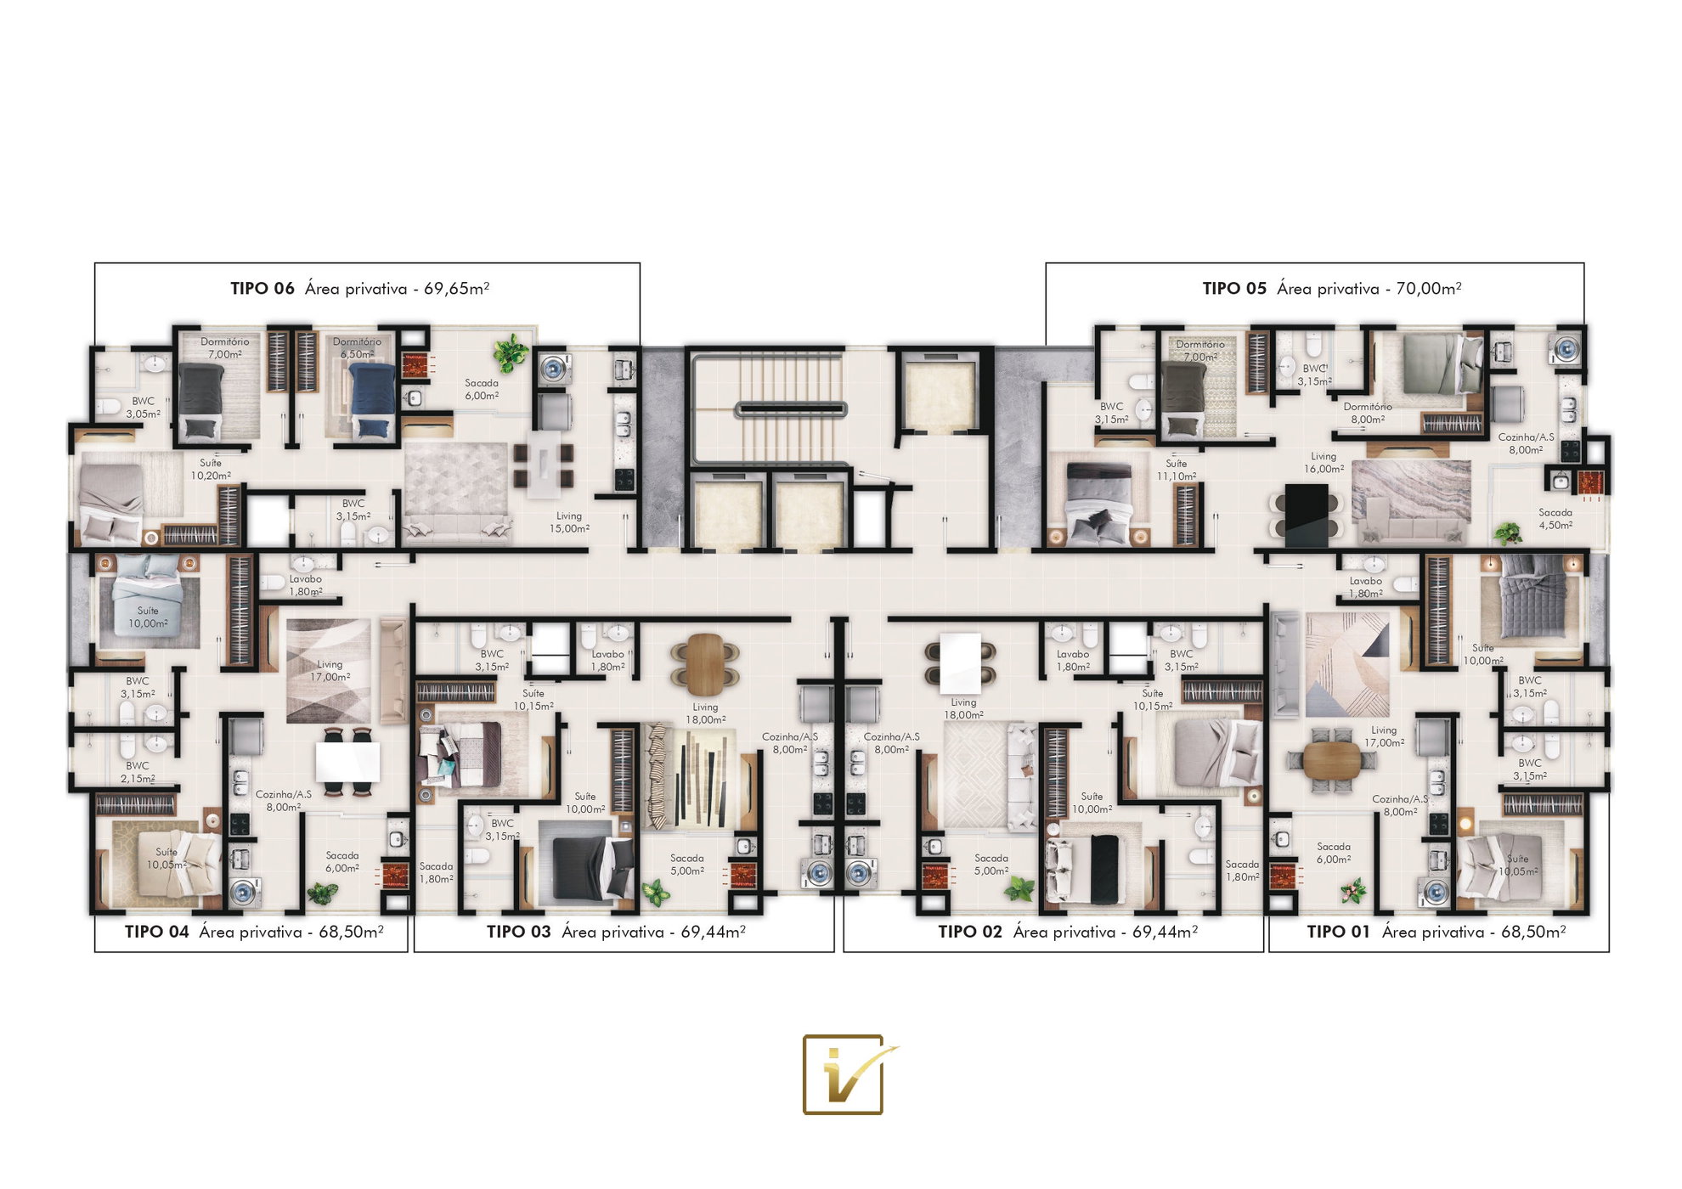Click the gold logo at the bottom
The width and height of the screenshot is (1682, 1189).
[x=844, y=1074]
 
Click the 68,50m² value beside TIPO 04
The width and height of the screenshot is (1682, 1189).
[x=352, y=932]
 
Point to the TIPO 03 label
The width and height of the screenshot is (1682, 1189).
[x=518, y=932]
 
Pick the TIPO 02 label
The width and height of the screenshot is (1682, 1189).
[x=970, y=932]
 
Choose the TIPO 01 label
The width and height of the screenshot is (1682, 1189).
[x=1339, y=932]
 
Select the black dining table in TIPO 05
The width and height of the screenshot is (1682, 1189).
[x=1307, y=516]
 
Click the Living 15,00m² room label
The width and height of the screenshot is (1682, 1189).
[x=569, y=522]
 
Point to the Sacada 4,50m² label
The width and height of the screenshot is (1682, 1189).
[x=1555, y=519]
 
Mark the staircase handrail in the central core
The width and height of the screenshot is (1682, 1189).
[x=791, y=409]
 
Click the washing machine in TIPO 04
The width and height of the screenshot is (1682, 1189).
[x=244, y=893]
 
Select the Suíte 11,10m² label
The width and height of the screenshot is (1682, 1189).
[x=1176, y=470]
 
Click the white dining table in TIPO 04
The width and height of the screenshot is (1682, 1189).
[x=347, y=762]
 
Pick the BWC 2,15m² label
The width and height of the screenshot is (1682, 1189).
[x=138, y=772]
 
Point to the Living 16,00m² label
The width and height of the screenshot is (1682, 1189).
[x=1324, y=463]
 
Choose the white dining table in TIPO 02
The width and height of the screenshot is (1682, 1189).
[x=961, y=662]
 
